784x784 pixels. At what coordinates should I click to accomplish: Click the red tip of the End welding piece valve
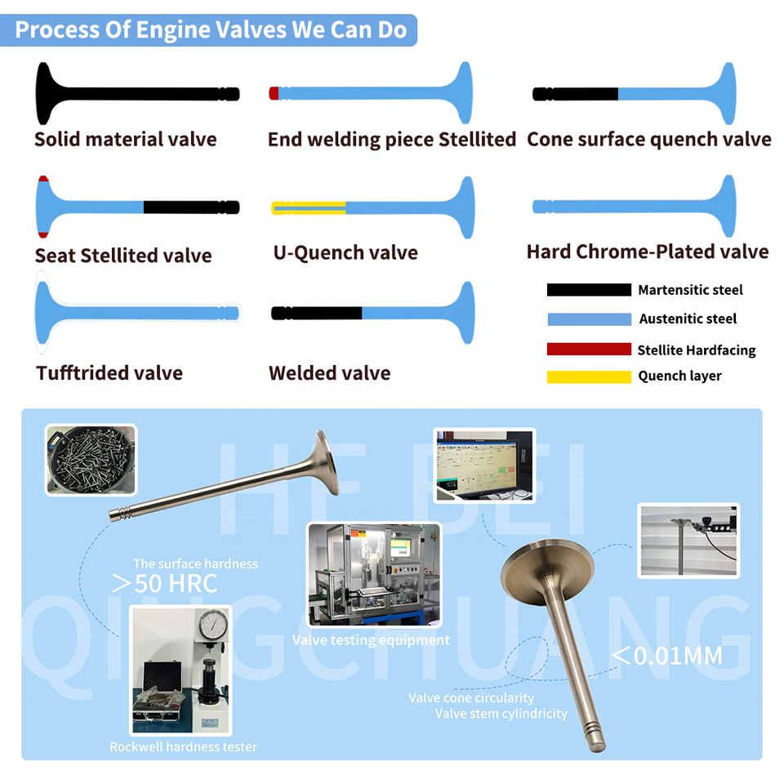coord(274,93)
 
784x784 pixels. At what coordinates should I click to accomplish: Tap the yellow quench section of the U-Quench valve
coord(308,208)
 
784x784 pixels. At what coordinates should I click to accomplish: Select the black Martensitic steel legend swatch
coord(589,290)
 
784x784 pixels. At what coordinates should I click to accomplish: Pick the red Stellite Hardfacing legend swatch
coord(589,349)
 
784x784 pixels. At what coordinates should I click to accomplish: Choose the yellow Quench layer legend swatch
coord(589,377)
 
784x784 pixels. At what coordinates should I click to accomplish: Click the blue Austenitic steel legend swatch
coord(589,319)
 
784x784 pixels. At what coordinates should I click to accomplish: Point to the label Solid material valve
coord(126,140)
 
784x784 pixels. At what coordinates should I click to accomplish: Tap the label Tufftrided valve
coord(109,373)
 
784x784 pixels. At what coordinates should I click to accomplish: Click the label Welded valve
coord(329,373)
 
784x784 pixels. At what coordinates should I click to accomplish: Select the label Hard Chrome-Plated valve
coord(648,252)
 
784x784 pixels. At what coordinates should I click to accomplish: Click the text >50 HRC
coord(165,583)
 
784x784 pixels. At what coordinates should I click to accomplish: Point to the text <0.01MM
coord(667,656)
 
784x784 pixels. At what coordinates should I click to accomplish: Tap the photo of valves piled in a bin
coord(91,460)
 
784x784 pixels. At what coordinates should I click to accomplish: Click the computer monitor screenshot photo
coord(484,465)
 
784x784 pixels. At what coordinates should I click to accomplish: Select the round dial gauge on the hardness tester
coord(213,625)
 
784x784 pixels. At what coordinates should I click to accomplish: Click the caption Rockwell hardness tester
coord(183,747)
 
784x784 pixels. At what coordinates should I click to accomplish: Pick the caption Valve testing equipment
coord(371,640)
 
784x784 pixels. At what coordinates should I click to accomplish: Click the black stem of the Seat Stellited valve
coord(191,207)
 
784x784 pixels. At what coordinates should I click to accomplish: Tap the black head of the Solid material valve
coord(47,93)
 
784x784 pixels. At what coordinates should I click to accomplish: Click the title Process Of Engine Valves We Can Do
coord(211,30)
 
